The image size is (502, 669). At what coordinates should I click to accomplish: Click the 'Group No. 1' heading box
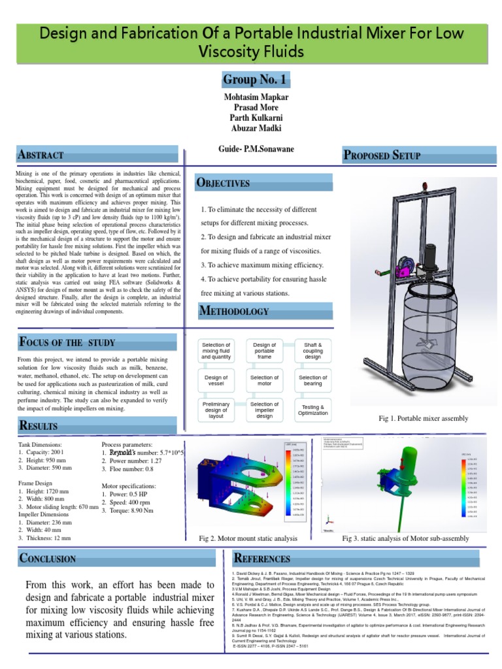254,80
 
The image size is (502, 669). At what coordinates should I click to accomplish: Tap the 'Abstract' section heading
41,155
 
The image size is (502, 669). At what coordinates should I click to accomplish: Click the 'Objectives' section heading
224,183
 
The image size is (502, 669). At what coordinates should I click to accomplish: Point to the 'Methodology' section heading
233,310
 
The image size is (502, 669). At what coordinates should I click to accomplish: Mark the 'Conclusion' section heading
48,558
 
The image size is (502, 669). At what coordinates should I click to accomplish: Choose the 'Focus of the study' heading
67,342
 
